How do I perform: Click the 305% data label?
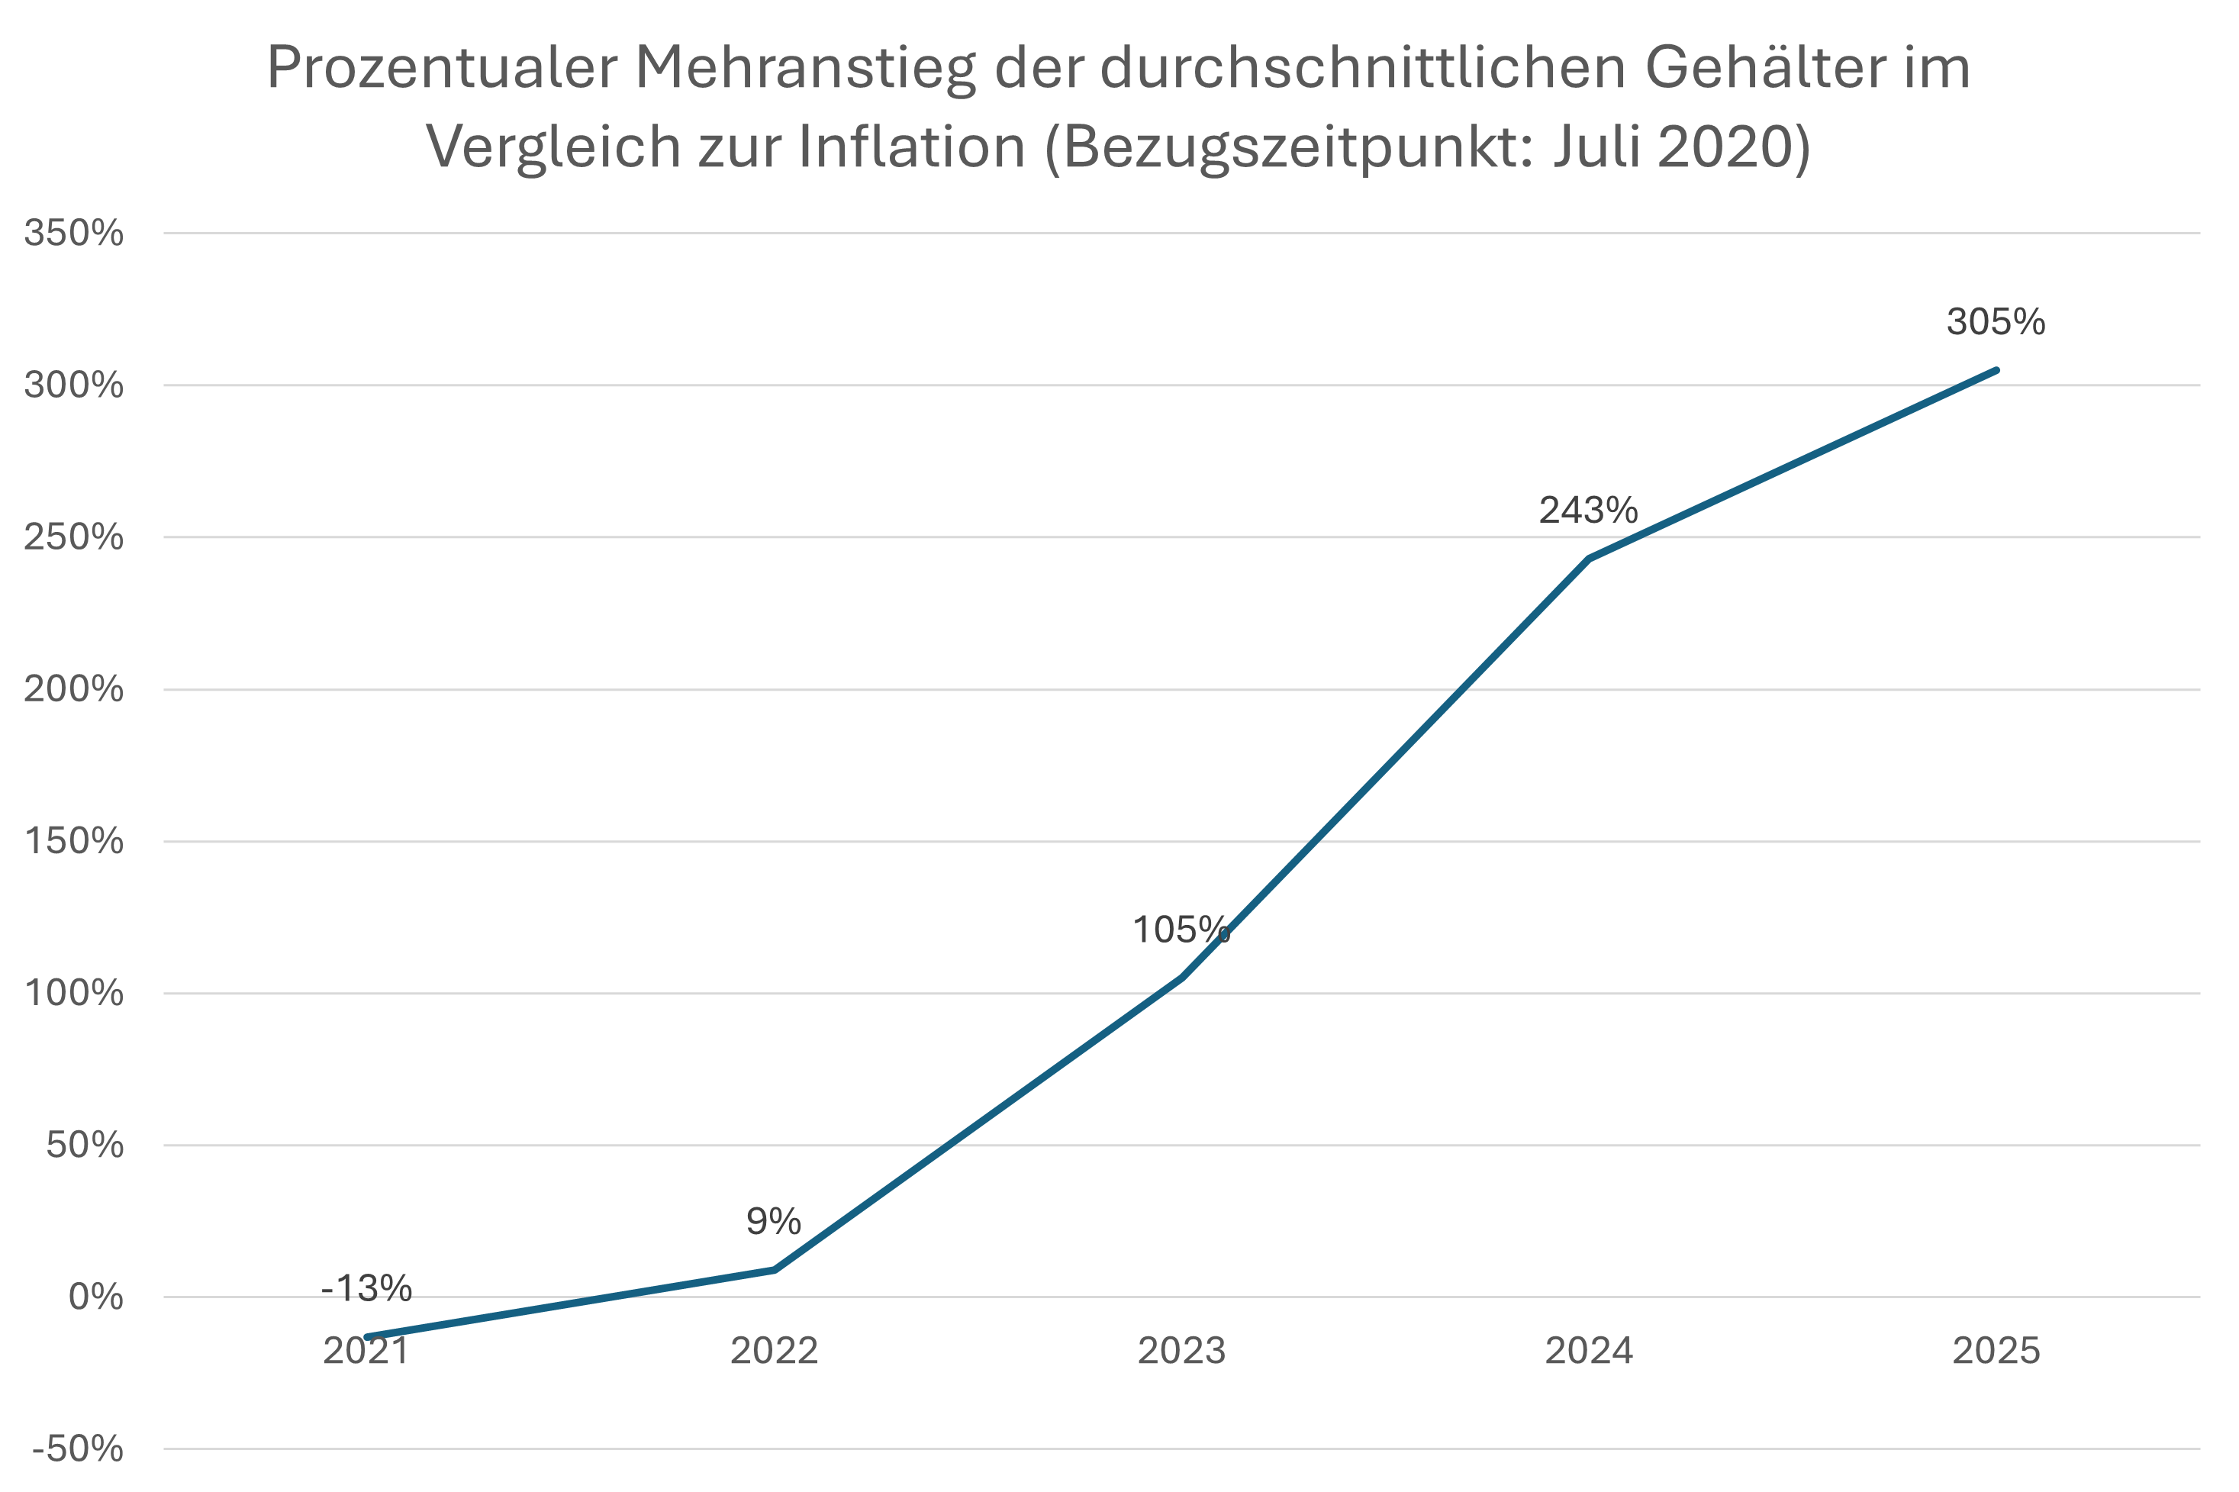(x=1996, y=323)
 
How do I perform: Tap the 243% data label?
(x=1588, y=511)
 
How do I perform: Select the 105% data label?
(x=1181, y=930)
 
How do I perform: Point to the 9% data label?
(x=774, y=1221)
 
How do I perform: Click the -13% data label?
(x=366, y=1287)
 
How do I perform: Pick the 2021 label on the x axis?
(x=366, y=1351)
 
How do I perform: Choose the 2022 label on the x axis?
(x=774, y=1351)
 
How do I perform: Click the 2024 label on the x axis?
(x=1589, y=1351)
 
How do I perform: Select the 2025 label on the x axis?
(x=1996, y=1351)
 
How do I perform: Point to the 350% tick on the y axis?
(x=73, y=233)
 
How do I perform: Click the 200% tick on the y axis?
(x=73, y=689)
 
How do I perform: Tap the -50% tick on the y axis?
(x=77, y=1449)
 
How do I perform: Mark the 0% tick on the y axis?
(x=95, y=1297)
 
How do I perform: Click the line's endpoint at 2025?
(x=1996, y=370)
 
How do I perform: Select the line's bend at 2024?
(x=1589, y=559)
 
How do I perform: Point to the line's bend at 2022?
(x=775, y=1269)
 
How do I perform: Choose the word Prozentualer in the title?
(x=443, y=69)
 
